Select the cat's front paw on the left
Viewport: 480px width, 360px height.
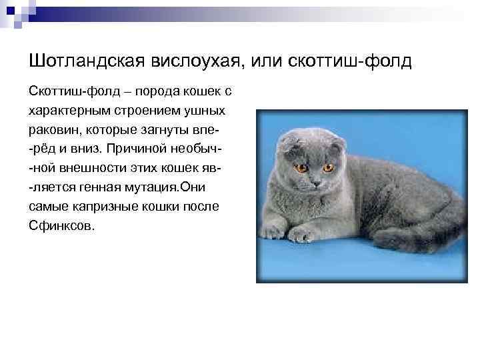coord(271,231)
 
